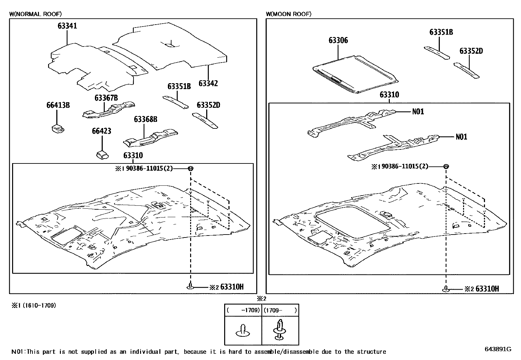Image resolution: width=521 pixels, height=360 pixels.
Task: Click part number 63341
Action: (67, 26)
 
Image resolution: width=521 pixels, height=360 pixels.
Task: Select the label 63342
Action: (208, 84)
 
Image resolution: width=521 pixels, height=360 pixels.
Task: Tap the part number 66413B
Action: (58, 105)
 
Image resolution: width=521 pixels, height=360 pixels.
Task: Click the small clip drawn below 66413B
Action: (58, 128)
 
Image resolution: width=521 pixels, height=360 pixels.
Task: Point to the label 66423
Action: (101, 131)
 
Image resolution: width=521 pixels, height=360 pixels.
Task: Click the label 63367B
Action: (106, 98)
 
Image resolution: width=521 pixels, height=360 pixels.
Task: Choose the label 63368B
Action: (145, 120)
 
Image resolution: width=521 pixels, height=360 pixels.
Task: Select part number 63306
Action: (338, 41)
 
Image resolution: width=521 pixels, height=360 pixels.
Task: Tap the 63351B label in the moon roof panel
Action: (441, 32)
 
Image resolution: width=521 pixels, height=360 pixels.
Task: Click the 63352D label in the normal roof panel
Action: (208, 105)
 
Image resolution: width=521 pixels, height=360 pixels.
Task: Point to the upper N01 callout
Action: (418, 112)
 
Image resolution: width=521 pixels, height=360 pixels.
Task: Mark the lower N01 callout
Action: (461, 137)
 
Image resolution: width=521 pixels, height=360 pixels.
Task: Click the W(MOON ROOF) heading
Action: (288, 14)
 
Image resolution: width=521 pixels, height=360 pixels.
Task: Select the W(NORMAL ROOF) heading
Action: (35, 14)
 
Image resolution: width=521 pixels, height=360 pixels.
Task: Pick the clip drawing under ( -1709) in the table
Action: (243, 331)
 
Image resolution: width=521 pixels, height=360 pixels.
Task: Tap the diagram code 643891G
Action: (498, 349)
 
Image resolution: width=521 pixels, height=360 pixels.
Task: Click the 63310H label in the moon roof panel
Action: (487, 289)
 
